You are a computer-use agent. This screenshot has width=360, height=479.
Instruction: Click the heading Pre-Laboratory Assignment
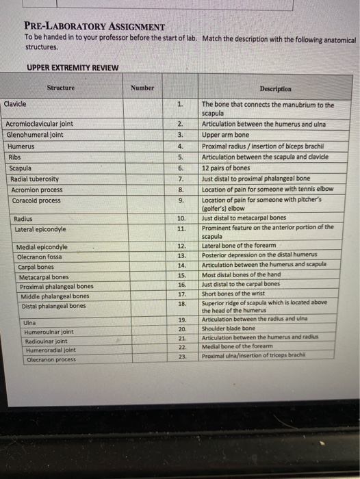click(94, 27)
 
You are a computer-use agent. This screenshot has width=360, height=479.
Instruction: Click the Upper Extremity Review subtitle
click(73, 68)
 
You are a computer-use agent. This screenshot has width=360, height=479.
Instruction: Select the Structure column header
click(61, 88)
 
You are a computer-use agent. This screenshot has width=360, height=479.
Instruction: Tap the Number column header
click(142, 88)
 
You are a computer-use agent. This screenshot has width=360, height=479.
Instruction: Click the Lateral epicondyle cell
click(40, 229)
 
